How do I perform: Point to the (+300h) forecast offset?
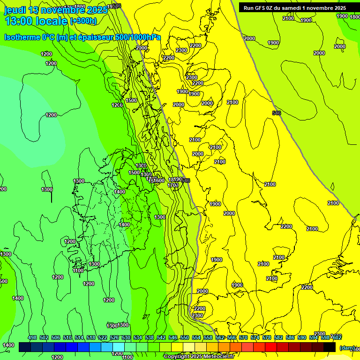pyautogui.click(x=83, y=21)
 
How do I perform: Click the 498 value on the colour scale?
pyautogui.click(x=32, y=337)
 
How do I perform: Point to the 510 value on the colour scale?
pyautogui.click(x=67, y=337)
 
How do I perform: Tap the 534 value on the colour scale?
pyautogui.click(x=138, y=337)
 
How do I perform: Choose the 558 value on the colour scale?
pyautogui.click(x=208, y=337)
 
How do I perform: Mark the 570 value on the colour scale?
pyautogui.click(x=243, y=337)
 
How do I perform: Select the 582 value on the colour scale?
pyautogui.click(x=278, y=337)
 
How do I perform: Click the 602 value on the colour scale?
pyautogui.click(x=337, y=337)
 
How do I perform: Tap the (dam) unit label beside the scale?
pyautogui.click(x=347, y=348)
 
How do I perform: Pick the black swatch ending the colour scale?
pyautogui.click(x=330, y=347)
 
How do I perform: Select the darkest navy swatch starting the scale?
pyautogui.click(x=25, y=347)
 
